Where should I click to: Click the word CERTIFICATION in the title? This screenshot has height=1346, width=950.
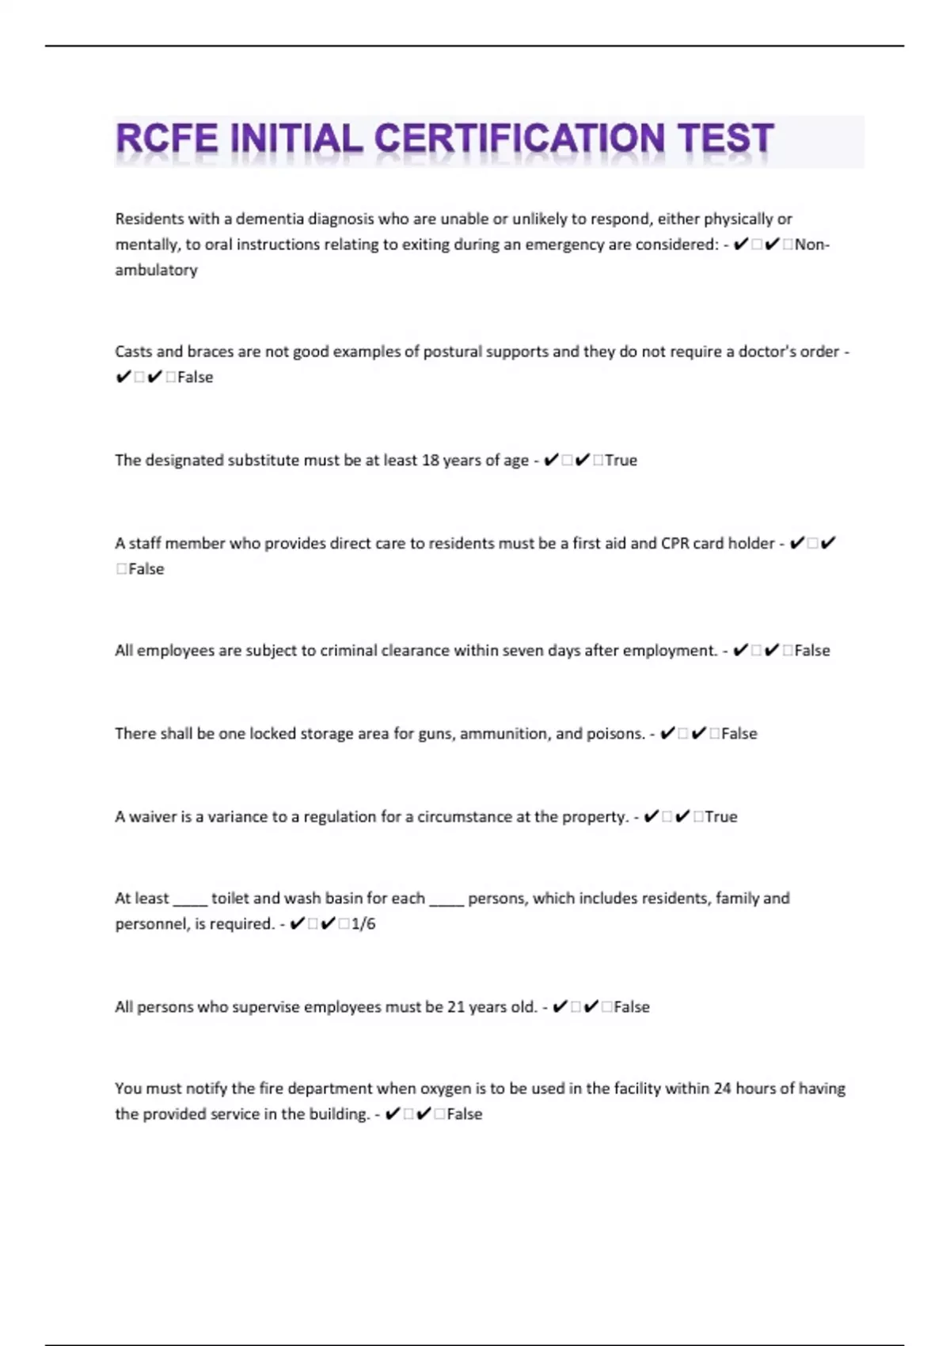click(x=519, y=139)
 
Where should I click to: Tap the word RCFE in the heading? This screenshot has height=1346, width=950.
click(x=166, y=139)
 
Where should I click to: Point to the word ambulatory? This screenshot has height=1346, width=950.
click(x=156, y=270)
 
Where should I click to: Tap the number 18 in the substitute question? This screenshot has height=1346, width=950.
click(x=430, y=461)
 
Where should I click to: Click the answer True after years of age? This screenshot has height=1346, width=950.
click(x=621, y=461)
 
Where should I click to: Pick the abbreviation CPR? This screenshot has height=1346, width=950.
click(x=674, y=544)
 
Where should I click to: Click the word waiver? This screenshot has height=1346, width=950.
click(x=153, y=817)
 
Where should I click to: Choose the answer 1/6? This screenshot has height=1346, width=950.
click(x=363, y=924)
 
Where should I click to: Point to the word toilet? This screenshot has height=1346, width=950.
click(x=230, y=899)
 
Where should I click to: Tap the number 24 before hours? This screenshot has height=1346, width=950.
click(x=721, y=1089)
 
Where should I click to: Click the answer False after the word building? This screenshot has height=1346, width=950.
click(x=465, y=1114)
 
